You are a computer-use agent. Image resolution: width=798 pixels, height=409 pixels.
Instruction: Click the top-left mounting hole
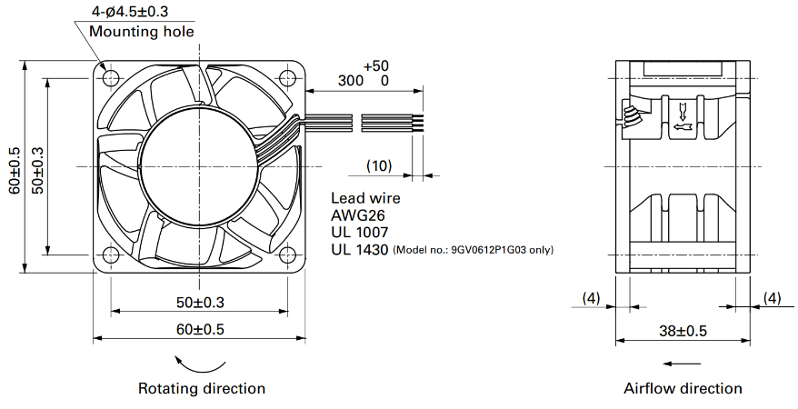(x=111, y=78)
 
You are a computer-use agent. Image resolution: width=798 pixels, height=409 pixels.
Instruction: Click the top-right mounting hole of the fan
(x=288, y=78)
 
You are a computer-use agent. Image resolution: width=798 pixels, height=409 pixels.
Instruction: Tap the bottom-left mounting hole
(x=111, y=254)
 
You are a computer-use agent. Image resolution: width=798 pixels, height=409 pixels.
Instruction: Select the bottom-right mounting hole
(x=288, y=254)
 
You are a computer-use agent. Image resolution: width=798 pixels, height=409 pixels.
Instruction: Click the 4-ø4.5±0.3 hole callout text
(x=130, y=11)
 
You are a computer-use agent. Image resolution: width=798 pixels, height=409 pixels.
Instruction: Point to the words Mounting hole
(x=142, y=32)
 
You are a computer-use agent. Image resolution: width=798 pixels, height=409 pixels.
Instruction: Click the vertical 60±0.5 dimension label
(x=15, y=171)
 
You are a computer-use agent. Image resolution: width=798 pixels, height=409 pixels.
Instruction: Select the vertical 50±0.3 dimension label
(x=37, y=171)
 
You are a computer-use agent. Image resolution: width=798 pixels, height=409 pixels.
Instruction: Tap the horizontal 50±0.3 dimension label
(x=200, y=302)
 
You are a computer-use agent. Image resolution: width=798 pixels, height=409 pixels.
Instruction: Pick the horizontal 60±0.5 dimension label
(x=200, y=329)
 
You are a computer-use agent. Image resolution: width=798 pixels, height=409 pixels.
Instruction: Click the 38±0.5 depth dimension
(x=683, y=331)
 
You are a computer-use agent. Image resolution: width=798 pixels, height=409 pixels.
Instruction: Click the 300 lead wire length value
(x=351, y=80)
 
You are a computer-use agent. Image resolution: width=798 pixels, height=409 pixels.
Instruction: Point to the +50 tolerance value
(x=376, y=66)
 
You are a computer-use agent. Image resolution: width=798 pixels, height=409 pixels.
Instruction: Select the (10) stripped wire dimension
(x=379, y=165)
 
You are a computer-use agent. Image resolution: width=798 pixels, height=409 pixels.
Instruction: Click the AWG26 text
(x=358, y=215)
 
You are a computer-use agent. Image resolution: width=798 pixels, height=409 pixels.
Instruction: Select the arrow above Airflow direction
(x=683, y=364)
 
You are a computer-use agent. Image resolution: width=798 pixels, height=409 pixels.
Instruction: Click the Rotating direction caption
(x=202, y=389)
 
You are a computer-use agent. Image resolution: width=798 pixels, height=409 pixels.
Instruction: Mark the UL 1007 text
(x=360, y=233)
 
